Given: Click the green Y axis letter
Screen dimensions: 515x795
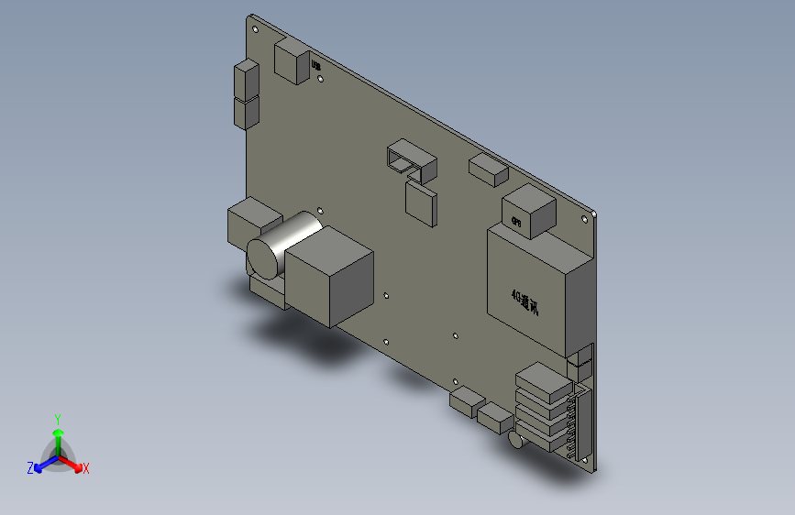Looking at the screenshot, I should pos(58,417).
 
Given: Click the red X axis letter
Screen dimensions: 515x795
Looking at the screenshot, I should pos(86,468).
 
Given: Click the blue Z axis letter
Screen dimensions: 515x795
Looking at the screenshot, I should pos(30,468).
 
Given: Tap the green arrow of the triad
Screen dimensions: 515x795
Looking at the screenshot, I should pos(58,433).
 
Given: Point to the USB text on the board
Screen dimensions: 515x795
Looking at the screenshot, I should pos(315,65).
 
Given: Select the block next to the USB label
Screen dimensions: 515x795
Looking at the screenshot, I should pos(292,62).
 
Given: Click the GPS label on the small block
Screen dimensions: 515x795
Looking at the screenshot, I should pos(516,221).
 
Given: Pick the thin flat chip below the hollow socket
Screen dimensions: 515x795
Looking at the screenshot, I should pos(422,203).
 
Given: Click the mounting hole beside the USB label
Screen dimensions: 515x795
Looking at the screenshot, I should pos(320,80).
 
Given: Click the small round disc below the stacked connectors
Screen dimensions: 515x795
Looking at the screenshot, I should pos(516,443).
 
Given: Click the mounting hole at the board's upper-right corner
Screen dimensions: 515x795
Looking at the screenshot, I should pos(585,219).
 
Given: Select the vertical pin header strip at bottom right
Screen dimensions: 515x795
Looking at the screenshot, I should pos(580,422).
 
